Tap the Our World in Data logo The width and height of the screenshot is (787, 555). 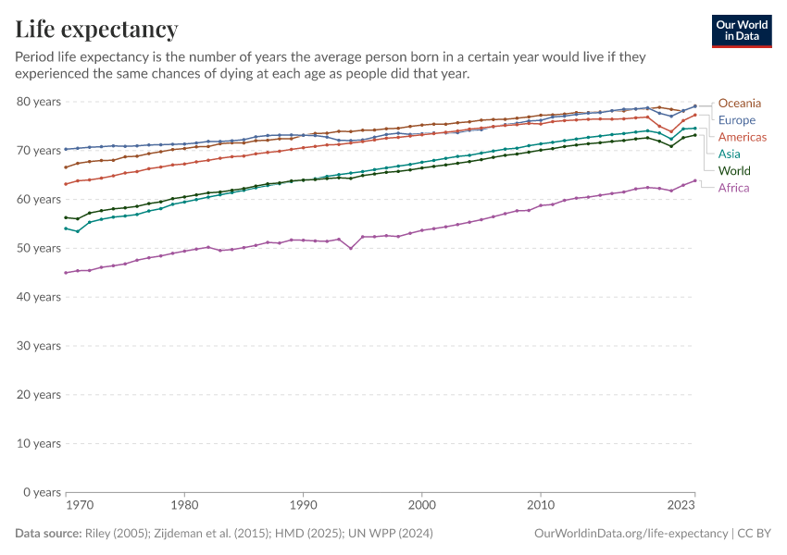(742, 31)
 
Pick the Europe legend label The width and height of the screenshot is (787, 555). (737, 120)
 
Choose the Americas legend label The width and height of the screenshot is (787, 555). (742, 137)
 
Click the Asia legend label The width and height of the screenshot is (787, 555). (730, 154)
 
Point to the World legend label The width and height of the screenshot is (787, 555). (734, 171)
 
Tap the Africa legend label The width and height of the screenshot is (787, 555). (733, 188)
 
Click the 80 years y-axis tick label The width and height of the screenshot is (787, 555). (40, 101)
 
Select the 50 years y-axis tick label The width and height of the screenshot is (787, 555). (40, 248)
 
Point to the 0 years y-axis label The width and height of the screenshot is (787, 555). (43, 492)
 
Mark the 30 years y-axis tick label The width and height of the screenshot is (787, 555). (40, 346)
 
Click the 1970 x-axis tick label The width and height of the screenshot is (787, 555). (79, 507)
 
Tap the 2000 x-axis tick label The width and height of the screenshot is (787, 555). (422, 507)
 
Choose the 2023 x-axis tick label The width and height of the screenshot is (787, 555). (681, 507)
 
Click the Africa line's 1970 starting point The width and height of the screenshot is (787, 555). (66, 273)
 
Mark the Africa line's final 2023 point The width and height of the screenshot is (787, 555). (695, 181)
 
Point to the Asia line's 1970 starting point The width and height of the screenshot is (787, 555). (66, 228)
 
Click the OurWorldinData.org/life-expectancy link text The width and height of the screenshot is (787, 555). (631, 534)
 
